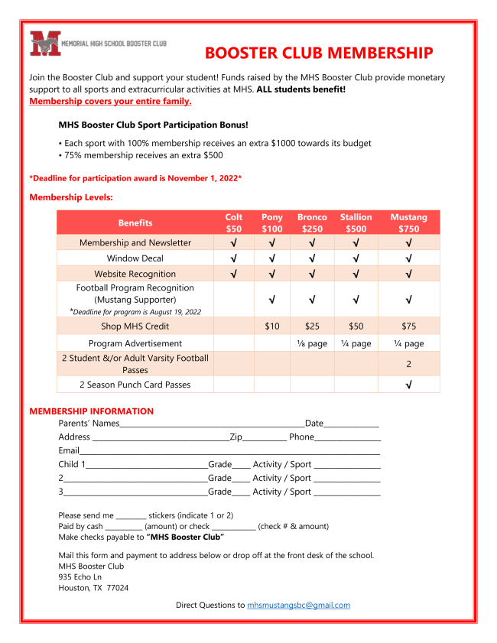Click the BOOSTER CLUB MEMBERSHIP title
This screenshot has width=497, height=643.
pos(318,53)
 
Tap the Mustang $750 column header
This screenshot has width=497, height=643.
pos(408,222)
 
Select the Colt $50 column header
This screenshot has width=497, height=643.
pos(233,222)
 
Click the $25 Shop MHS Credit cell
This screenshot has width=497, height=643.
pos(312,326)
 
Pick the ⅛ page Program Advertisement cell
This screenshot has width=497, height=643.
pos(312,343)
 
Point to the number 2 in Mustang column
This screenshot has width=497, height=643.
pos(409,364)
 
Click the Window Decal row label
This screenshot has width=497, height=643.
pos(135,258)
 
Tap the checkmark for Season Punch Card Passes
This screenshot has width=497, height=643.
pos(409,385)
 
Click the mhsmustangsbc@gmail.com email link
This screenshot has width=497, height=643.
pos(298,605)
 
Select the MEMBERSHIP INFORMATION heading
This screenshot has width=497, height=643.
pos(91,411)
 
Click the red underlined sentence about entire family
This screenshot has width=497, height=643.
pos(110,101)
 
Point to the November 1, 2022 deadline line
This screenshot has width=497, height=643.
pos(135,178)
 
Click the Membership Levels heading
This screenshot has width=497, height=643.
pos(70,197)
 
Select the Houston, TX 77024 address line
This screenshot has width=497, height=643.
pos(93,588)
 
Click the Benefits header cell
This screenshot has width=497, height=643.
pos(135,222)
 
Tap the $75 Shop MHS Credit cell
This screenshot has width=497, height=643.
pos(409,326)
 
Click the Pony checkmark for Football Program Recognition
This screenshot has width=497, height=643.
pos(272,299)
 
